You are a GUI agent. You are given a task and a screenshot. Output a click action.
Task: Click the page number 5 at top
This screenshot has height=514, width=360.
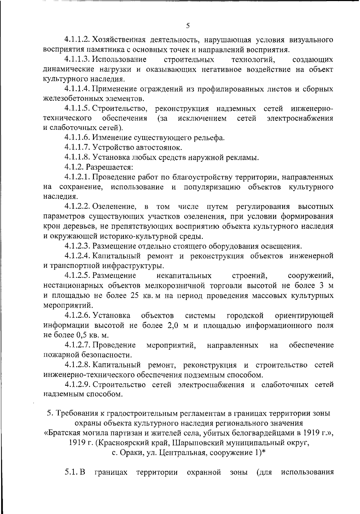tap(188, 26)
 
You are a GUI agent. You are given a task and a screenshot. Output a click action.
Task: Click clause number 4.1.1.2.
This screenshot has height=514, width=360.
tap(77, 40)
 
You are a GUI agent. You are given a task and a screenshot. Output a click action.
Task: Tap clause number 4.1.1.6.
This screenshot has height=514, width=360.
tap(77, 138)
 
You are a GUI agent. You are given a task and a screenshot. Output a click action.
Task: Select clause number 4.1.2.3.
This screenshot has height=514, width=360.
tap(77, 246)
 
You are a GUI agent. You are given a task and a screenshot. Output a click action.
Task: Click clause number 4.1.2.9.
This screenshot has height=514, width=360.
tap(77, 385)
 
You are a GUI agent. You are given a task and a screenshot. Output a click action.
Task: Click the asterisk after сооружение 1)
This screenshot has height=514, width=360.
tap(264, 452)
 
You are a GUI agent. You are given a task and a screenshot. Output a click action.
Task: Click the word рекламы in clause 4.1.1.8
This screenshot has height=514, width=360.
tap(244, 157)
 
